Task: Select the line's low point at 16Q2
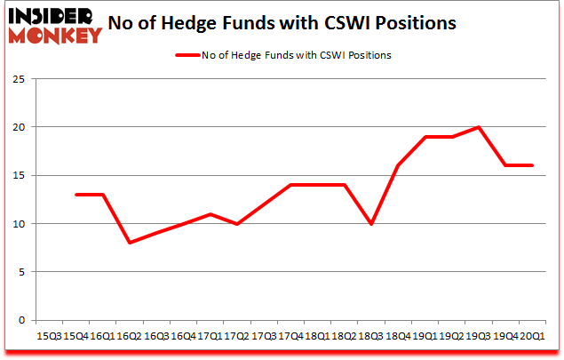tap(130, 243)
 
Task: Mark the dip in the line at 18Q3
tap(372, 224)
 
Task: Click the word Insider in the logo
tap(52, 17)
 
